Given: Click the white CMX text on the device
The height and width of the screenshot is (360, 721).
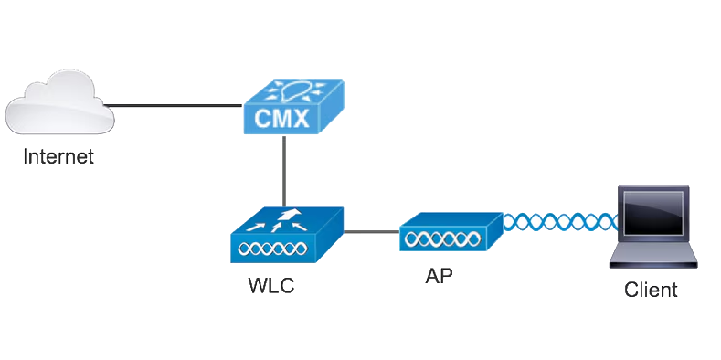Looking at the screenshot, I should pyautogui.click(x=285, y=117).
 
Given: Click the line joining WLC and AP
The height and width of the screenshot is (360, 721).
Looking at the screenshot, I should pyautogui.click(x=370, y=230).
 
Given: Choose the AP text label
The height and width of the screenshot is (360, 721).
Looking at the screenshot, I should pyautogui.click(x=439, y=274).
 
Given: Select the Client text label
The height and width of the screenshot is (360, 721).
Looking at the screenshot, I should pyautogui.click(x=651, y=291).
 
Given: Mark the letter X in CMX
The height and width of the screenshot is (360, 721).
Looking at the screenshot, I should pyautogui.click(x=306, y=117).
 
